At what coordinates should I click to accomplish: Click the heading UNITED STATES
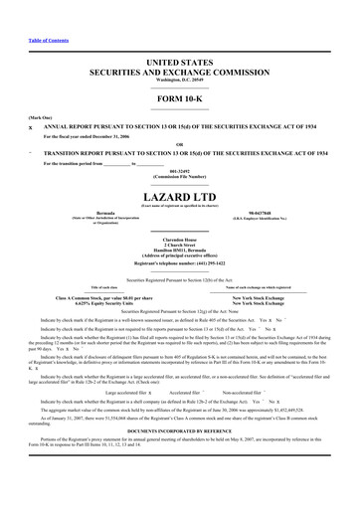[179, 62]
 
